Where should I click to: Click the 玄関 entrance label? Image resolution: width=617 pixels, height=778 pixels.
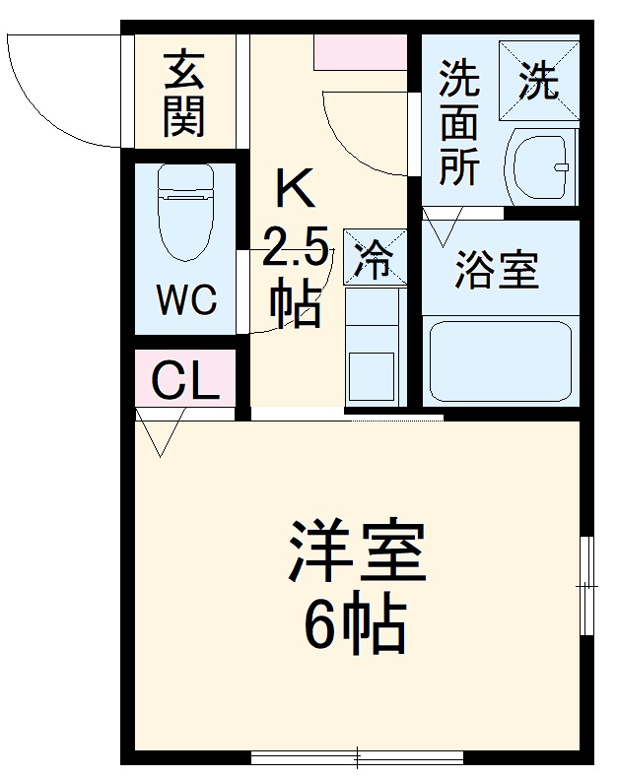pos(184,93)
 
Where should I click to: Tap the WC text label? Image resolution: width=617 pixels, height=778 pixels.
pos(186,300)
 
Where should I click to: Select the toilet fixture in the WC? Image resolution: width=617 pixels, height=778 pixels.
pos(186,212)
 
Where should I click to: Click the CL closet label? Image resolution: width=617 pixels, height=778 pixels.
pos(185,380)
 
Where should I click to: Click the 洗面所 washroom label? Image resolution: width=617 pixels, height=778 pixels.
pos(459,123)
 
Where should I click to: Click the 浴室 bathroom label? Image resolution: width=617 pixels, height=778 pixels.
pos(497,270)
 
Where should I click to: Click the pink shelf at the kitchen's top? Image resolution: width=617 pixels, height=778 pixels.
pos(361,51)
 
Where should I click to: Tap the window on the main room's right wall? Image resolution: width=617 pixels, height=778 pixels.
pos(587,587)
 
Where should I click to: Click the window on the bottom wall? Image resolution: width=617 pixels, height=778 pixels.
pos(357,757)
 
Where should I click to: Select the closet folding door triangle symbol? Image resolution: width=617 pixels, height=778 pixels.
pos(160,433)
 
